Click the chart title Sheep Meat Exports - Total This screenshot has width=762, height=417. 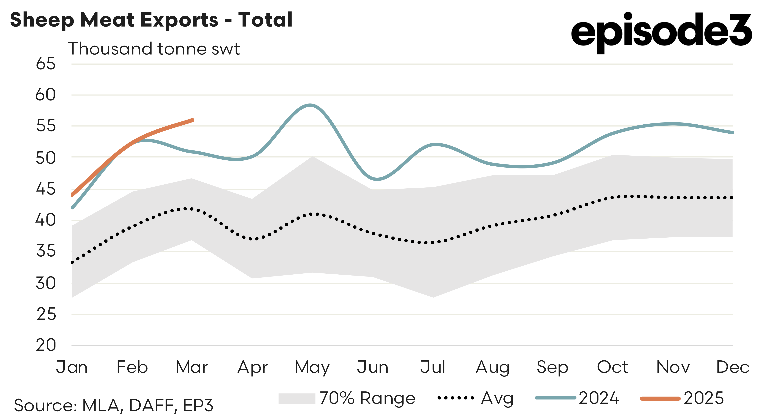click(151, 20)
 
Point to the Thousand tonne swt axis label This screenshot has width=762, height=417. click(154, 49)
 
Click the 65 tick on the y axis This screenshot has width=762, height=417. click(46, 64)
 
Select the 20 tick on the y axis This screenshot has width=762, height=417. click(46, 345)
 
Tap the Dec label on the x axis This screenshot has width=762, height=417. click(732, 367)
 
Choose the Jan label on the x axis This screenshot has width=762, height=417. click(72, 367)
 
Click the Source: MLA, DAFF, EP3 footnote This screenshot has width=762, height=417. click(114, 405)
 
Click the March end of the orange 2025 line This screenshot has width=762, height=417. click(192, 120)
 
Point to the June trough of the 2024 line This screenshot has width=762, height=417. click(377, 179)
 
